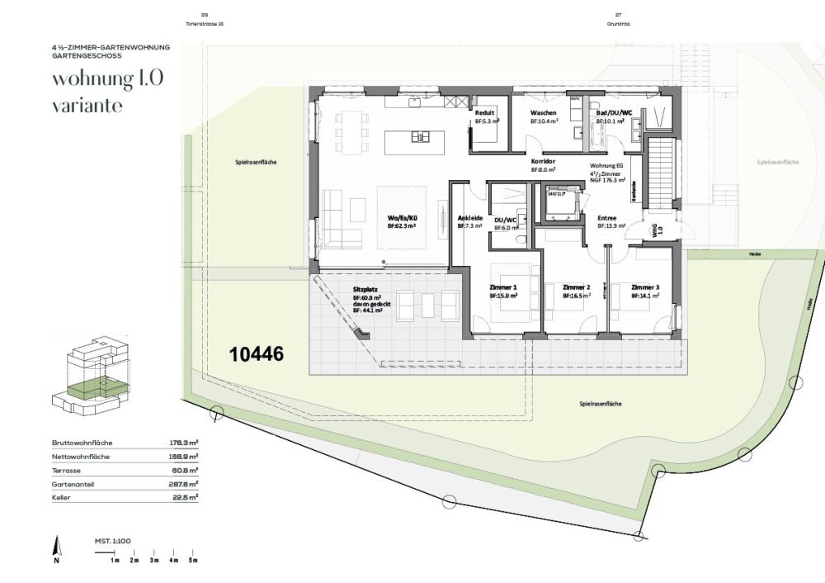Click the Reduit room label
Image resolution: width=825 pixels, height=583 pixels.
coord(485,112)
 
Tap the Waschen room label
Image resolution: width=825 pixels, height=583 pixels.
coord(543,112)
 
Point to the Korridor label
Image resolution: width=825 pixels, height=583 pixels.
coord(542,161)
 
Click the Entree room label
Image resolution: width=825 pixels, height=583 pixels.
coord(608,218)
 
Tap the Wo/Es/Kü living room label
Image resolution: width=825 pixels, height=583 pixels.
coord(401,218)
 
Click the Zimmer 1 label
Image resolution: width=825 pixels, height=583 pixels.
coord(502,287)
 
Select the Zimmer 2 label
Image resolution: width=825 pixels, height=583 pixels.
coord(575,287)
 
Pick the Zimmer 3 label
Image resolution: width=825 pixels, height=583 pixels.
coord(644,287)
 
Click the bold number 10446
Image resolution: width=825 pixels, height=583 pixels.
coord(257,354)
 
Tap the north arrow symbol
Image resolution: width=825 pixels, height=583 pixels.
coord(56,546)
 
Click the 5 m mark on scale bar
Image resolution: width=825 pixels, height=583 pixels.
coord(193,560)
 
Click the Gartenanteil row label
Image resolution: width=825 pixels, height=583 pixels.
coord(74,484)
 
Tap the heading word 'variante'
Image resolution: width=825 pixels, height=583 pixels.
coord(87,107)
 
